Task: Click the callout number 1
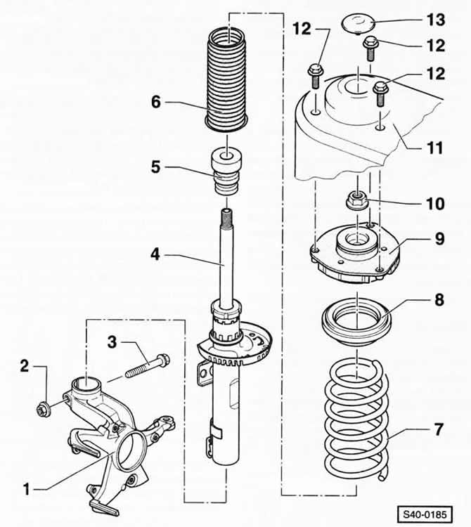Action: pos(26,489)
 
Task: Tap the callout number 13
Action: pos(436,20)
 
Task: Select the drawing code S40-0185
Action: pos(425,514)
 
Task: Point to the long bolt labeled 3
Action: pos(147,366)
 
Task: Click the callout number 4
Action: pos(155,254)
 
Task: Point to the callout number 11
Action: pos(434,148)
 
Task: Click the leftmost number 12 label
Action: pos(302,30)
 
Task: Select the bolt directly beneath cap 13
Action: pos(370,48)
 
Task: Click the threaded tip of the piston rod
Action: pos(226,217)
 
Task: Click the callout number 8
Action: pos(439,299)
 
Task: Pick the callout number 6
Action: pos(156,102)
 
